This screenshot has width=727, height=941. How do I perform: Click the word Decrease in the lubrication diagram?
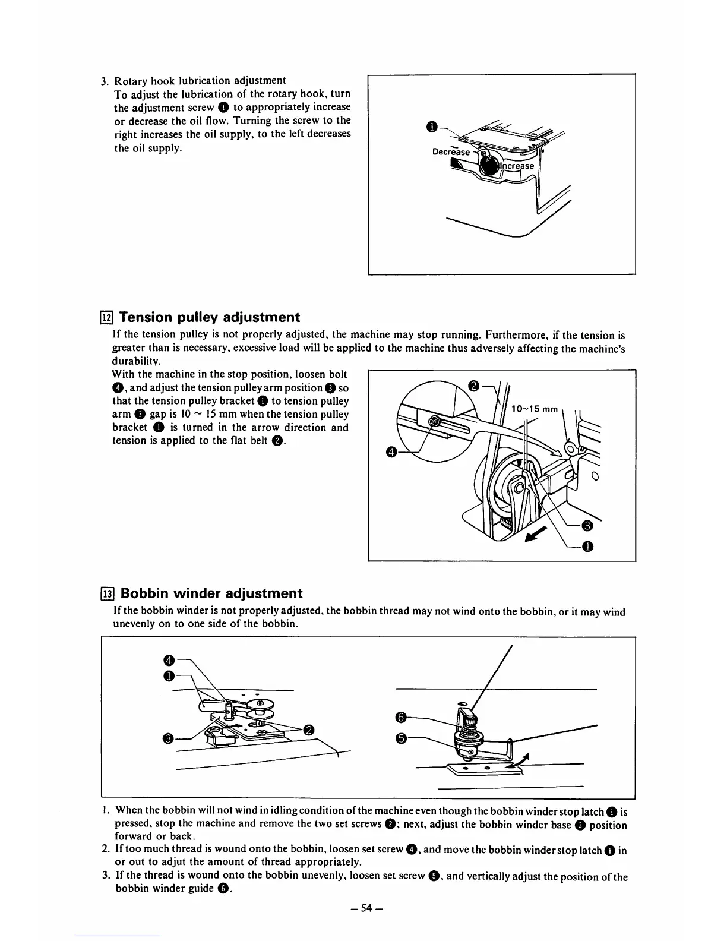[x=451, y=151]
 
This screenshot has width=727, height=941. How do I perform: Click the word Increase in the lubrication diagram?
[x=517, y=166]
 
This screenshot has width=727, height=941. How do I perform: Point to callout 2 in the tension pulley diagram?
[x=473, y=386]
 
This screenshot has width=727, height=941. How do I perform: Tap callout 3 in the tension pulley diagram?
[x=587, y=525]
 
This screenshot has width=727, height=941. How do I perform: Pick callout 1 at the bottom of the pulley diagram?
[x=587, y=547]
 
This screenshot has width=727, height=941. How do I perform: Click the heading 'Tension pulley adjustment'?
[x=210, y=317]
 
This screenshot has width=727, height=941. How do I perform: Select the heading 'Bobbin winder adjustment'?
[x=211, y=593]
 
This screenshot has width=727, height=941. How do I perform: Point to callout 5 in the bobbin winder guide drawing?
[x=401, y=738]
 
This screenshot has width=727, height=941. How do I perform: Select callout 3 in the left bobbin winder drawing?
[x=168, y=738]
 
